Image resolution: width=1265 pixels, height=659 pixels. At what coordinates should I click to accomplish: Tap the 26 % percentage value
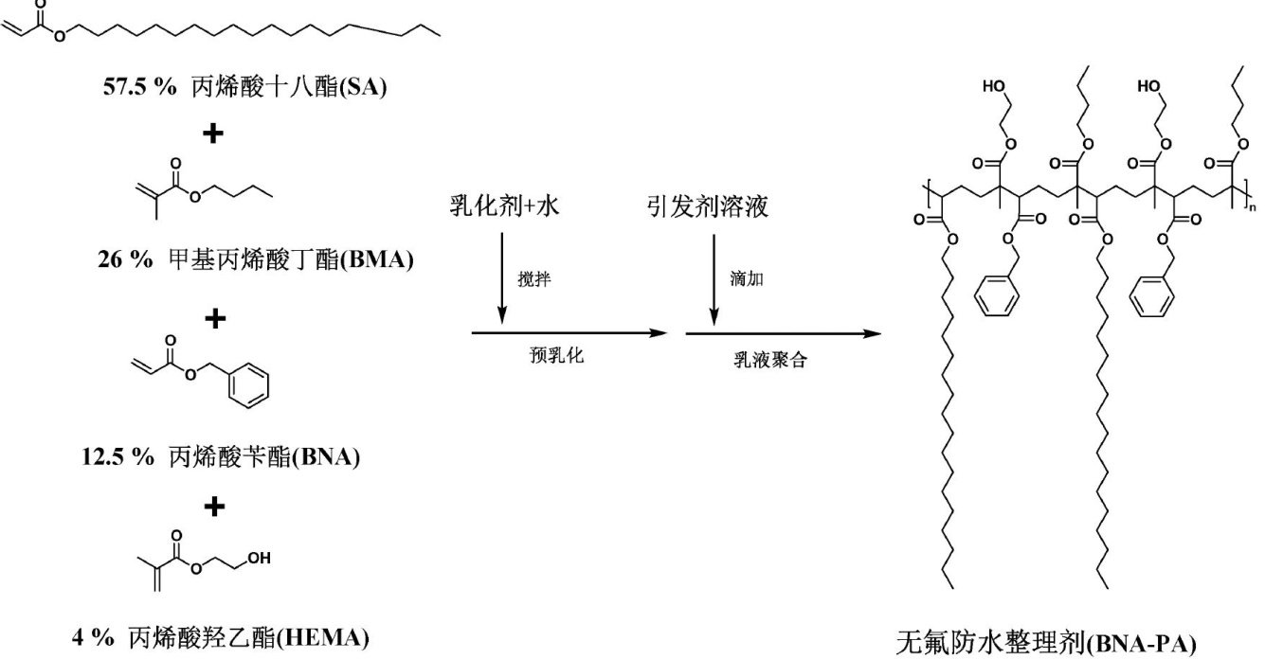pos(123,259)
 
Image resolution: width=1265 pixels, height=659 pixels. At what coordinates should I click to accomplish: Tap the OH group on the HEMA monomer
pos(257,556)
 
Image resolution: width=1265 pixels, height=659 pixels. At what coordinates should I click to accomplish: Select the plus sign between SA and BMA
pos(215,134)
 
